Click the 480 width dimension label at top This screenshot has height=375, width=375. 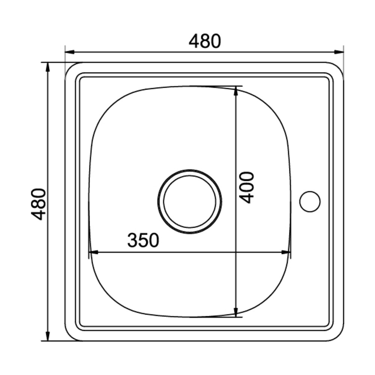(x=205, y=41)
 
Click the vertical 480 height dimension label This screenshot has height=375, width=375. (x=39, y=204)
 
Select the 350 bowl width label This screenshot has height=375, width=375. (x=143, y=240)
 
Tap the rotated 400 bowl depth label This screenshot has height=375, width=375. (x=246, y=187)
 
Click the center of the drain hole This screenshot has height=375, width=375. (x=190, y=202)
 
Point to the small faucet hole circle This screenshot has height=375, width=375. (x=310, y=201)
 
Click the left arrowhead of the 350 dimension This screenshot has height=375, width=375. (x=93, y=252)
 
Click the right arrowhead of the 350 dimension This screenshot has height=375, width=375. (x=286, y=252)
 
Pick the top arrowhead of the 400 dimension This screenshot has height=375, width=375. (x=236, y=91)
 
